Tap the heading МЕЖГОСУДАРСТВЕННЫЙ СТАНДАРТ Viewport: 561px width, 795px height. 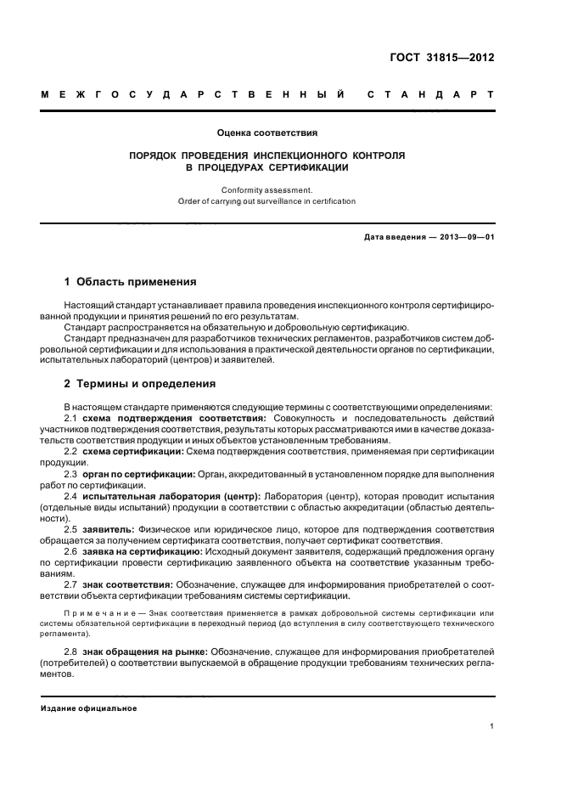pos(267,97)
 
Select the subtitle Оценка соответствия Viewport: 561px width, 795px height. pos(266,132)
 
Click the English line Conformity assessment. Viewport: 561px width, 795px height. pos(266,190)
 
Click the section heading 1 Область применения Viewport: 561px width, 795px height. pos(131,282)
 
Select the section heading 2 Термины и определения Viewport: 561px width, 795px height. pos(140,384)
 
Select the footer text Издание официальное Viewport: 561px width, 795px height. pos(89,708)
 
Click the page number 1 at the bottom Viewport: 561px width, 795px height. pos(493,726)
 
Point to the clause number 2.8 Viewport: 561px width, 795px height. pos(71,650)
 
